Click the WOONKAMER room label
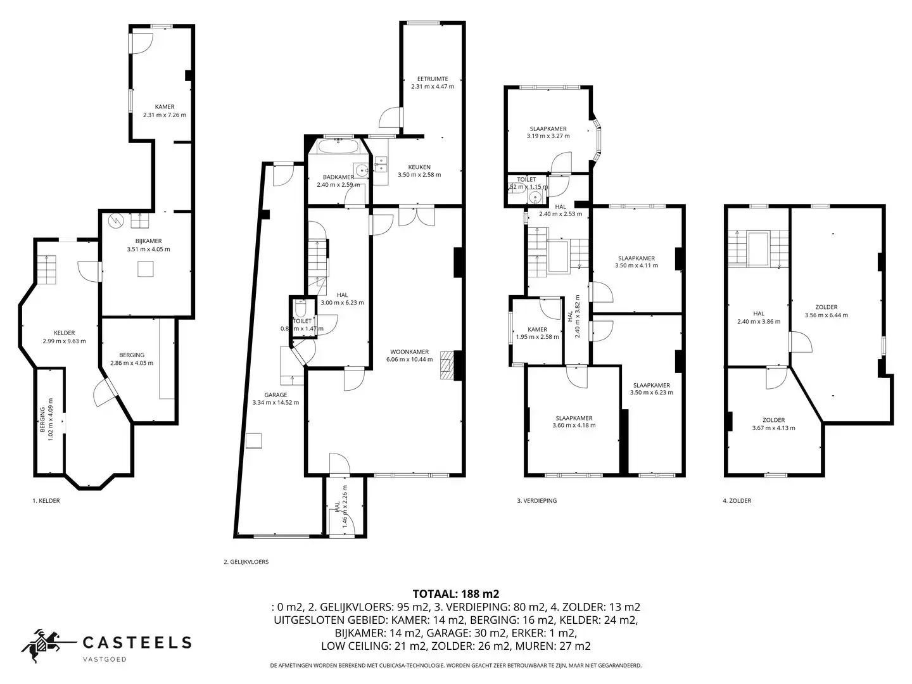[409, 351]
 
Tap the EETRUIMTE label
[433, 79]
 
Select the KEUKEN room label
[419, 167]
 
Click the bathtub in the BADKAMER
[338, 148]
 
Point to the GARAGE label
[275, 395]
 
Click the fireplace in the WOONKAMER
[448, 365]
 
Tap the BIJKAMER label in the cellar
[148, 241]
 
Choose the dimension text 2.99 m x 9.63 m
[64, 341]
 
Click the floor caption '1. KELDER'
[46, 501]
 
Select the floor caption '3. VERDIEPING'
[536, 501]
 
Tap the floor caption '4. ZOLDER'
[737, 501]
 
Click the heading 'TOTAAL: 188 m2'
[455, 594]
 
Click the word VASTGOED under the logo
[105, 659]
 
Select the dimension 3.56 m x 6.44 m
[826, 315]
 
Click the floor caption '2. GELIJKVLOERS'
[246, 562]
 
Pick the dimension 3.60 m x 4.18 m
[574, 426]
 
